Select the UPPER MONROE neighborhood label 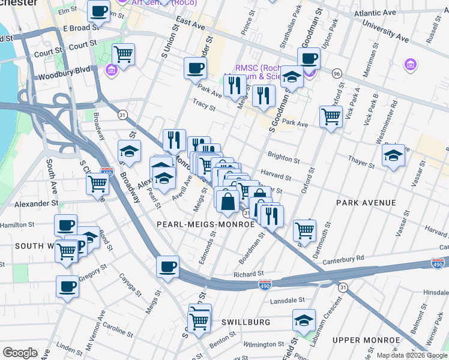coord(366,340)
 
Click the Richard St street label coord(249,274)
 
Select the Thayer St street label coord(364,159)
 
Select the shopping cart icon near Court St coord(123,54)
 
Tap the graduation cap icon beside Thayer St coord(393,155)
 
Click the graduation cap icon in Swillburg coord(304,319)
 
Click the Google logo coord(20,353)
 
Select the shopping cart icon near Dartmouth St coord(305,229)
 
